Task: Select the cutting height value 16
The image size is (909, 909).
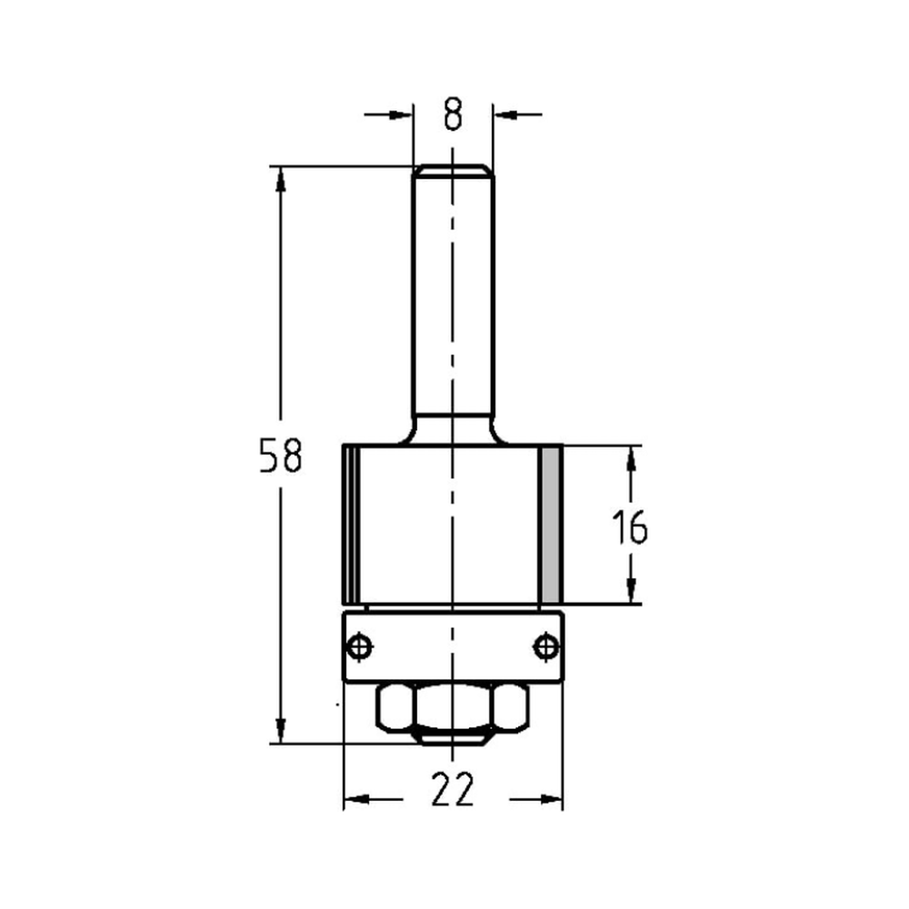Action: point(629,528)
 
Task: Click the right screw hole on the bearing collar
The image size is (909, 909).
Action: point(545,646)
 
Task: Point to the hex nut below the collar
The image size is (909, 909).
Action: point(453,706)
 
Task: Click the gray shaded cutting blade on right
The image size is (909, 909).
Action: point(550,525)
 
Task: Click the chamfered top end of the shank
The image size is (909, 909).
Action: point(453,170)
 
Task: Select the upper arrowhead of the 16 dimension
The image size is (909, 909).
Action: point(629,459)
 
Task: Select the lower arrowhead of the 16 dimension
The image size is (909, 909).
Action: point(629,591)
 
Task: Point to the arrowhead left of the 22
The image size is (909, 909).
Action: point(356,799)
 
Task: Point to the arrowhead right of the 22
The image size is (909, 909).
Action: point(550,799)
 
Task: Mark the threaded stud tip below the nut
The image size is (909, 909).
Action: point(453,737)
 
